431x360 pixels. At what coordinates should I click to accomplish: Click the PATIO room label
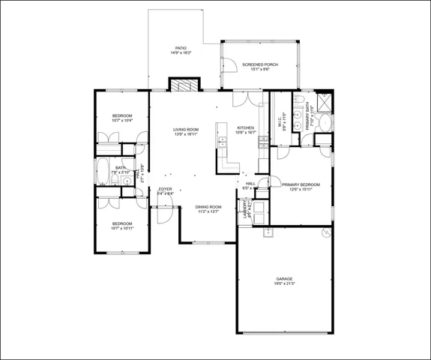(181, 48)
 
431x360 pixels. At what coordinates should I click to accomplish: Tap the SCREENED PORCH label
(260, 64)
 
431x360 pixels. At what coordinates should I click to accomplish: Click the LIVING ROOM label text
(186, 129)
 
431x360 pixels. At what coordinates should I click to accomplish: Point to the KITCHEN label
(246, 127)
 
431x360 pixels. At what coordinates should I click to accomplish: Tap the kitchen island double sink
(222, 139)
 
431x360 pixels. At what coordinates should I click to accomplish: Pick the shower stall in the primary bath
(325, 102)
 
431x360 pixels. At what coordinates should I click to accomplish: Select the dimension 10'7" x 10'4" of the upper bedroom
(122, 120)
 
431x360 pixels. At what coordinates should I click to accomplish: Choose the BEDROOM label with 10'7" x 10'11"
(122, 223)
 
